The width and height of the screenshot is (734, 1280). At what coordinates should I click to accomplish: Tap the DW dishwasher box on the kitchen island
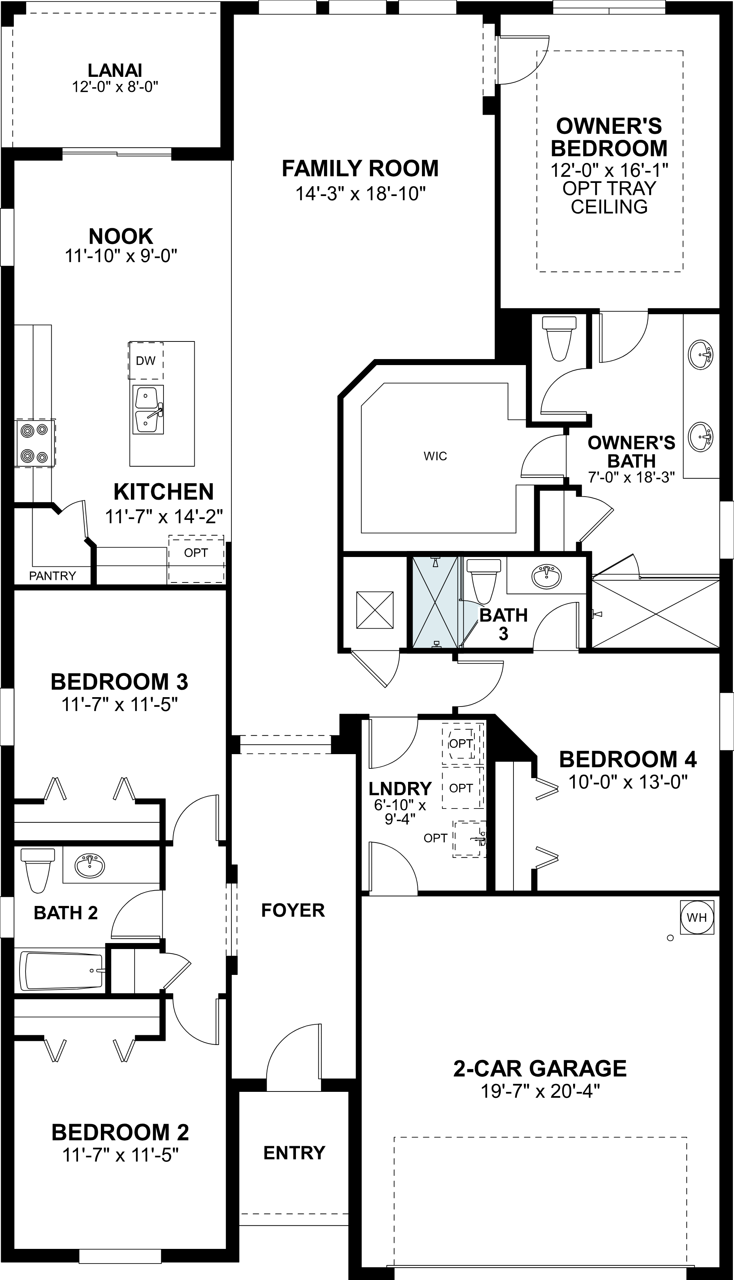146,361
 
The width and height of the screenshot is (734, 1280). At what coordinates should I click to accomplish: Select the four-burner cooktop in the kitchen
34,443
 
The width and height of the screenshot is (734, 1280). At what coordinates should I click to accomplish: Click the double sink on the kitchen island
148,410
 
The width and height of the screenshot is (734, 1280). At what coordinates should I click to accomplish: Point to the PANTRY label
53,576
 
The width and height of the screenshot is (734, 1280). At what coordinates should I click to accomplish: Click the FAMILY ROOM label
360,169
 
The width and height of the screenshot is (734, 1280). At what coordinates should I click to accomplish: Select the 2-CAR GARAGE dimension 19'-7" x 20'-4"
539,1091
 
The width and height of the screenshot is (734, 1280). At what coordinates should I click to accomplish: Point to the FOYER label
293,910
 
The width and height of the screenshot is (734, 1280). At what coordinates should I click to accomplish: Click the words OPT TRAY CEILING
609,198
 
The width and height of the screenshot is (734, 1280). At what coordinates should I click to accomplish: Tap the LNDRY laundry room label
400,788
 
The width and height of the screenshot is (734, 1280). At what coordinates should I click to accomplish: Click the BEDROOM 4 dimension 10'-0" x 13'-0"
628,782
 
